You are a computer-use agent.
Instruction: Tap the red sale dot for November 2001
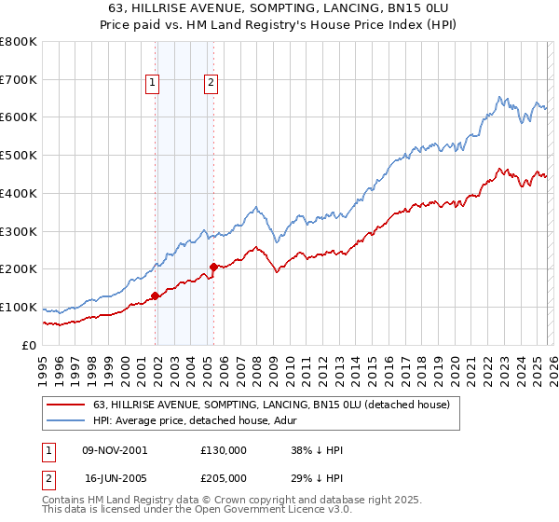pos(155,295)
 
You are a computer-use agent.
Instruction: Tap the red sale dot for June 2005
pos(213,268)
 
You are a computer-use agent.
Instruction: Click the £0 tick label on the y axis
pos(30,345)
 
